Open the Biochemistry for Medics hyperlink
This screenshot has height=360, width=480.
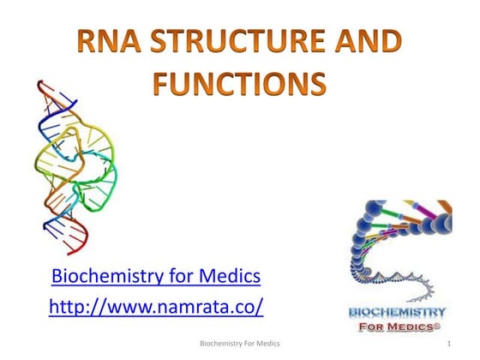click(156, 277)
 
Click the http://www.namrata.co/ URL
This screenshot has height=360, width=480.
click(156, 306)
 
